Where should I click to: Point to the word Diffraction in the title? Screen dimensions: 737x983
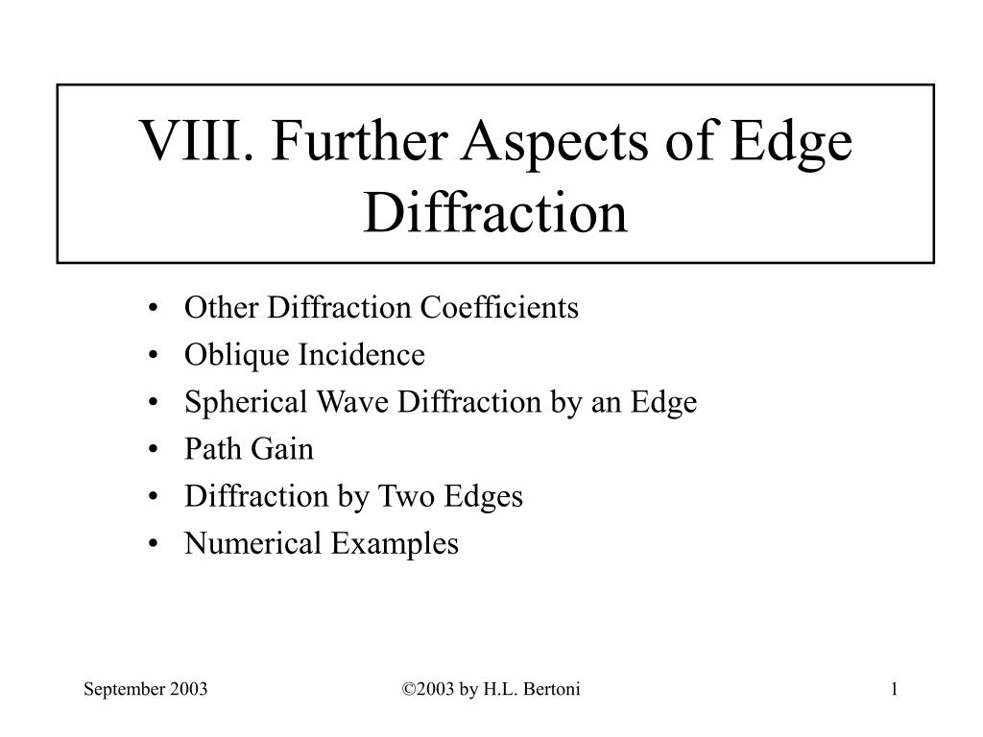495,213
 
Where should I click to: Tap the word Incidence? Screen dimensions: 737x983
363,355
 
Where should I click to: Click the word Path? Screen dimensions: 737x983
206,449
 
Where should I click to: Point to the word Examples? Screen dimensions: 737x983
395,544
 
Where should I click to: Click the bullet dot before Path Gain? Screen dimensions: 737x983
156,450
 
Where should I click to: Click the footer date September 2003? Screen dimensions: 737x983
147,689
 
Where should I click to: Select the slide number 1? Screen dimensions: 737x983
894,689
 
